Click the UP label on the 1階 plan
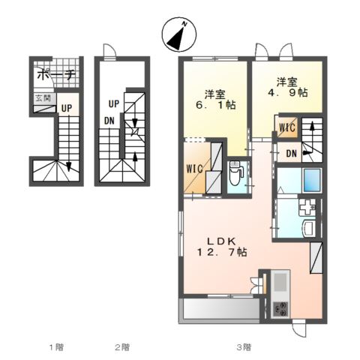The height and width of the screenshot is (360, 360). coord(67,107)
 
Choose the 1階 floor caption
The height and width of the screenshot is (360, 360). coord(56,346)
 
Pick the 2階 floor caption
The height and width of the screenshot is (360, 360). coord(122,346)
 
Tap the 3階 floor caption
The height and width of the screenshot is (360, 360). coord(244,346)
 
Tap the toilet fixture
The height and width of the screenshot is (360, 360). coord(235,175)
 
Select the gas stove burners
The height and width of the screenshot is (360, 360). coord(280,307)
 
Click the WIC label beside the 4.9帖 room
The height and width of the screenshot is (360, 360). coord(286,127)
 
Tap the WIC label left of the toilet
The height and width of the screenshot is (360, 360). coord(193,168)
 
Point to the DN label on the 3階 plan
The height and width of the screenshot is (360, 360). coord(291,154)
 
